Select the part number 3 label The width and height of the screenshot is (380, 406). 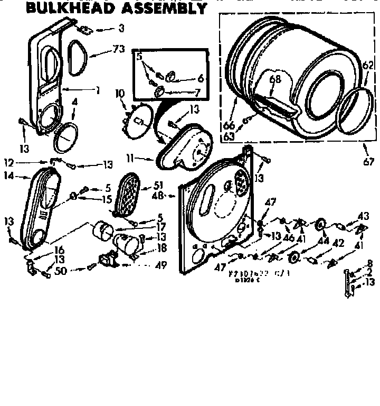pos(121,27)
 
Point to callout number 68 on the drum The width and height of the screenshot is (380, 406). pos(275,79)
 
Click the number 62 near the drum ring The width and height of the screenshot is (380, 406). pos(367,66)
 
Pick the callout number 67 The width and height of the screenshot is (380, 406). pos(369,162)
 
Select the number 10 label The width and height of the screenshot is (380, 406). pos(120,94)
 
